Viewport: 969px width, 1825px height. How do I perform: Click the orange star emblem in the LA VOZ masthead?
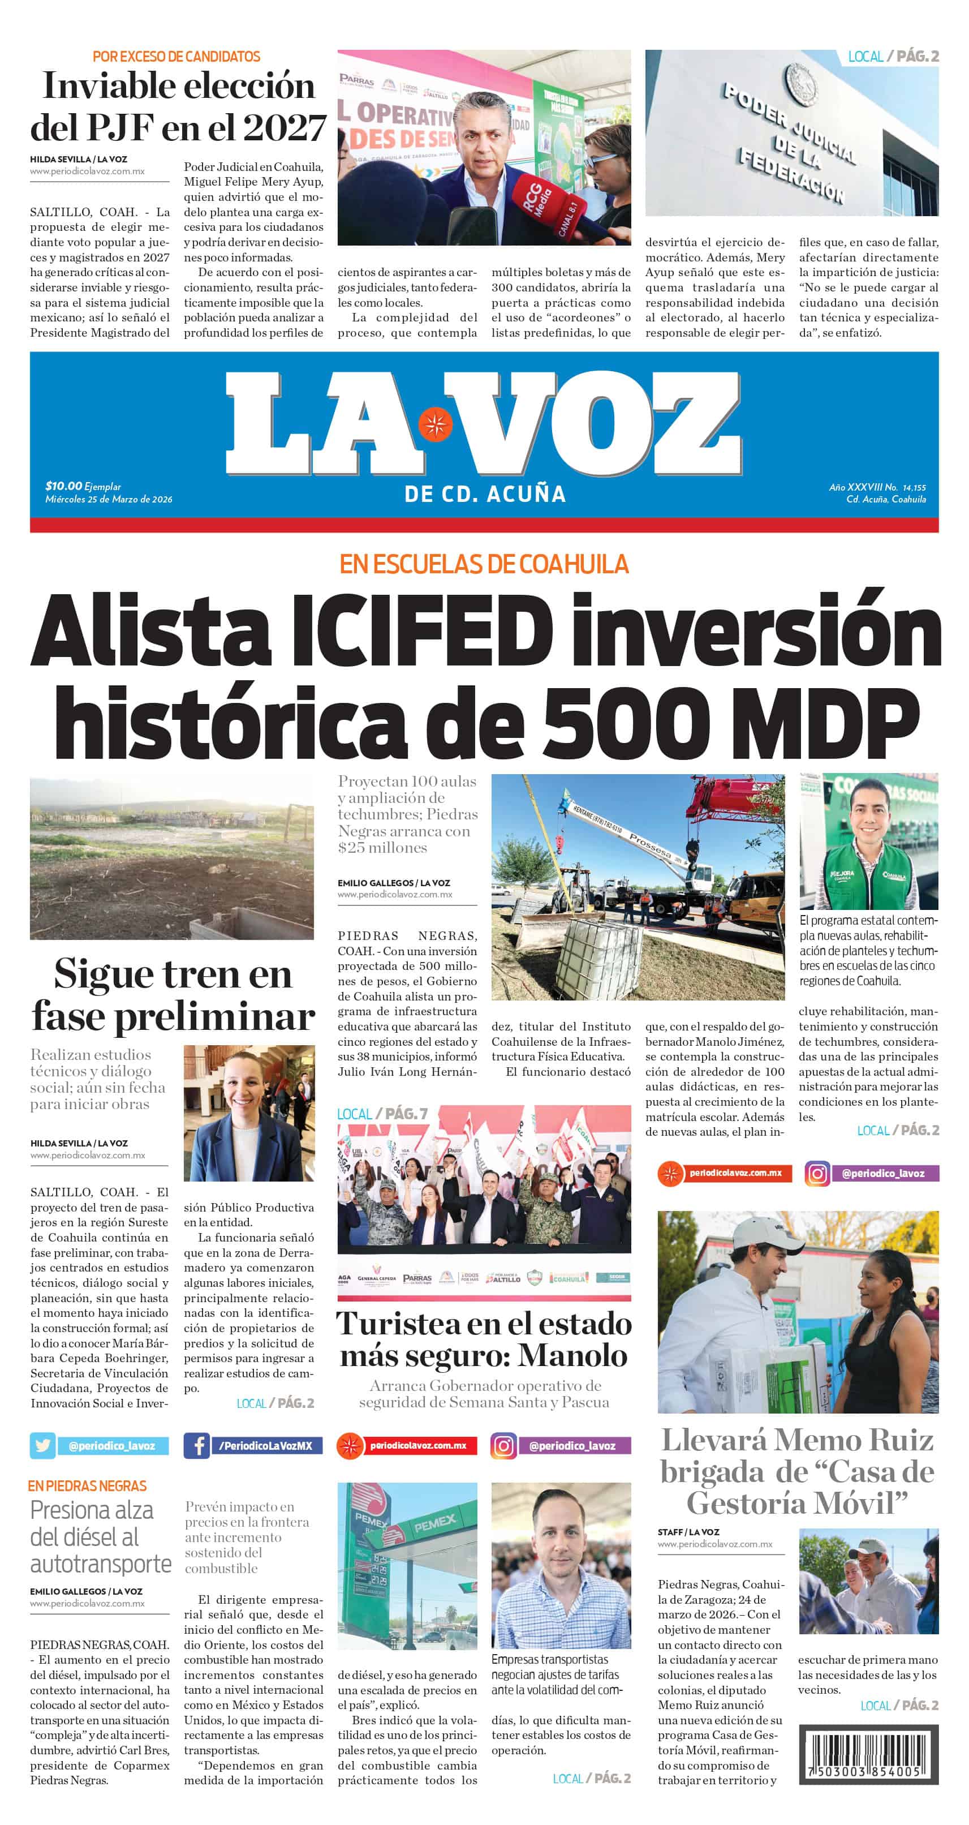[x=435, y=424]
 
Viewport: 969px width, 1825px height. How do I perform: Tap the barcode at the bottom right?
[x=868, y=1752]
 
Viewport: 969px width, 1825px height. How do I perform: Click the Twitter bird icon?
[x=42, y=1445]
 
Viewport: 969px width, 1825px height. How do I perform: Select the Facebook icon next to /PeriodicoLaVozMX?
[x=196, y=1445]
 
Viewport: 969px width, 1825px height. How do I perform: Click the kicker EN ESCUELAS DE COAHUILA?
[x=484, y=565]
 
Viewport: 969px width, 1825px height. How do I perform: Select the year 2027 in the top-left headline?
[x=284, y=128]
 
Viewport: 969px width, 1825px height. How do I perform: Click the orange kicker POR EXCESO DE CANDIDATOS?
[x=176, y=57]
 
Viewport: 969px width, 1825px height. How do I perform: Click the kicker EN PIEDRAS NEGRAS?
[x=88, y=1485]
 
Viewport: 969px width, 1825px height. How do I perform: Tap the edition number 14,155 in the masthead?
[x=914, y=487]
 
